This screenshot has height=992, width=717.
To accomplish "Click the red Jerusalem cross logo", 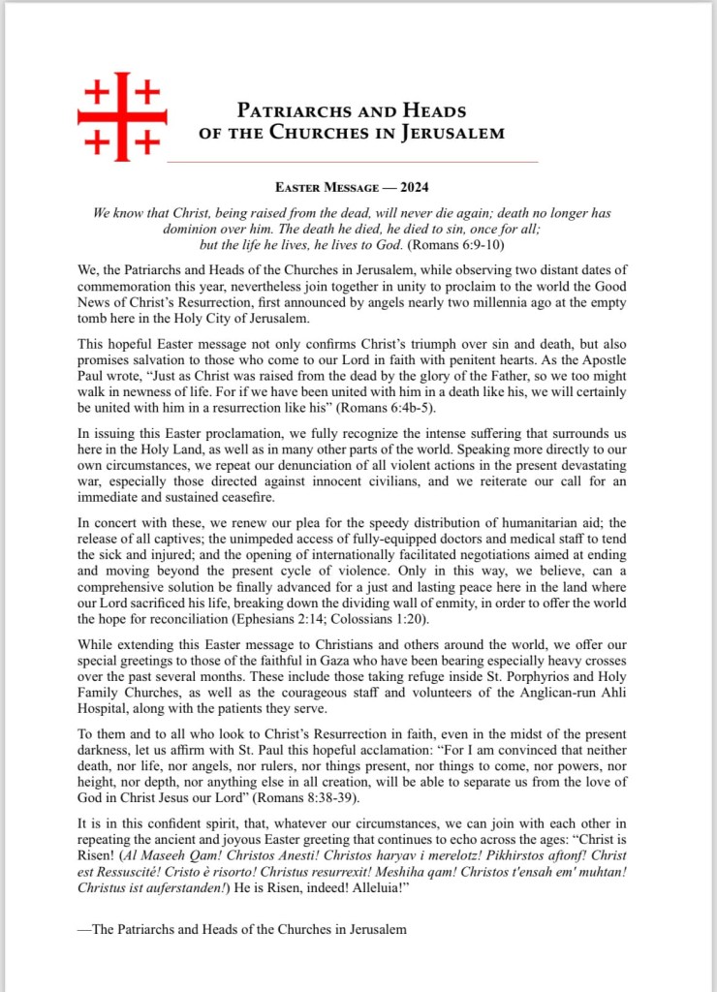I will point(121,115).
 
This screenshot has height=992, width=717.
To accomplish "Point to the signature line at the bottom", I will point(242,929).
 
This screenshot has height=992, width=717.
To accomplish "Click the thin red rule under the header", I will point(354,160).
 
